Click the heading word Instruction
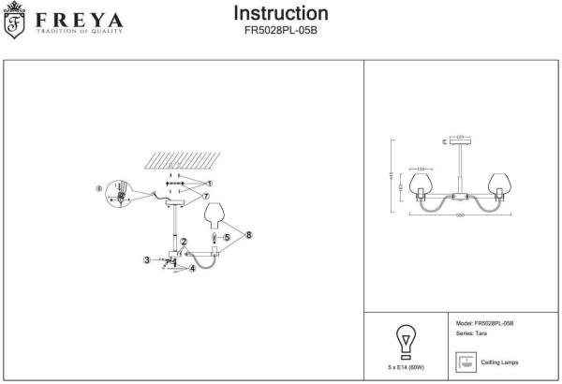(x=280, y=13)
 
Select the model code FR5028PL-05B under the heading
(x=280, y=30)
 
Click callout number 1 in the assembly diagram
(x=211, y=184)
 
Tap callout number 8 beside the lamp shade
(x=250, y=235)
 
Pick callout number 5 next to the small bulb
(x=226, y=239)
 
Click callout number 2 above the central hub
(x=185, y=242)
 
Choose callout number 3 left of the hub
(x=145, y=259)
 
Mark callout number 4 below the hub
(x=191, y=269)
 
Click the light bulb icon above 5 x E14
(x=407, y=338)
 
